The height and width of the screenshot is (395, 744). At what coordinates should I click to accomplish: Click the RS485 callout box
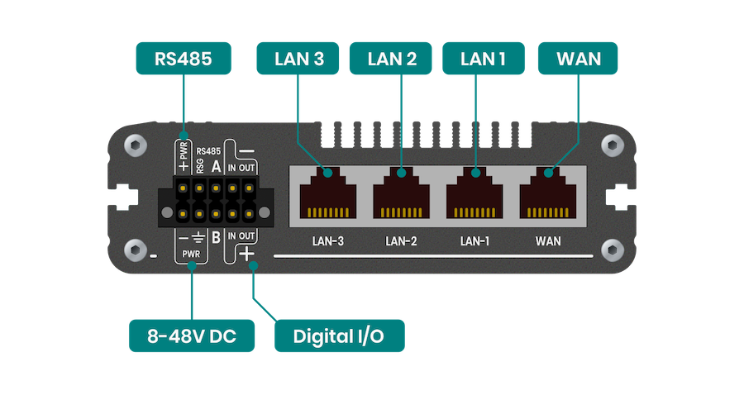point(183,58)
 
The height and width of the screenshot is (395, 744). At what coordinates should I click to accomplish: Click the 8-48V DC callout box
point(190,336)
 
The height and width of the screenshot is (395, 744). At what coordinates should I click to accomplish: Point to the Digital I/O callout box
point(339,336)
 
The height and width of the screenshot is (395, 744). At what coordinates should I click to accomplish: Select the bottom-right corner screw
point(611,249)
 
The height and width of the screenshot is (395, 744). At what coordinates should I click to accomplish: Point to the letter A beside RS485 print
point(217,166)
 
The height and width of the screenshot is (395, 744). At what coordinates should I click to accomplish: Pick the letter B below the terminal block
point(216,239)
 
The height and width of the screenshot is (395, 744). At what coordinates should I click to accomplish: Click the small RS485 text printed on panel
point(208,151)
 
